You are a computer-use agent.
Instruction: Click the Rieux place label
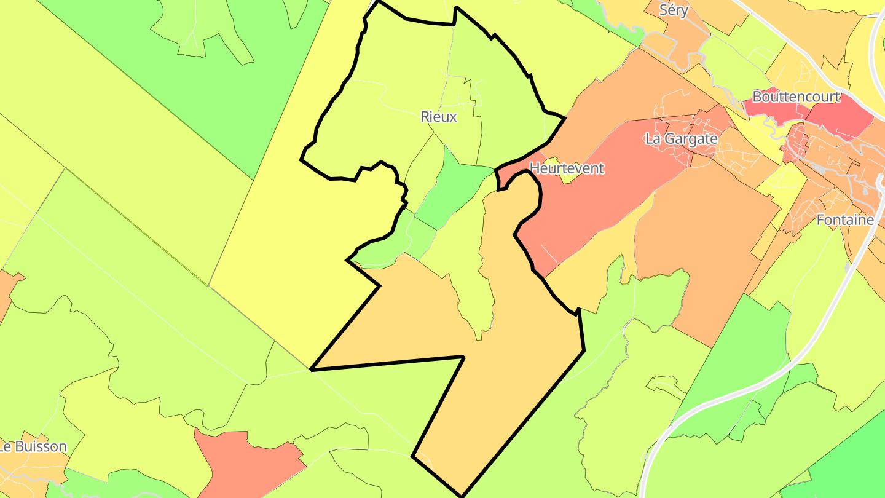pyautogui.click(x=439, y=116)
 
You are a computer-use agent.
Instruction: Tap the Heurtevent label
pyautogui.click(x=567, y=168)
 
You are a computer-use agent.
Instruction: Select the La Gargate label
pyautogui.click(x=681, y=139)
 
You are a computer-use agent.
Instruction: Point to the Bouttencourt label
pyautogui.click(x=796, y=97)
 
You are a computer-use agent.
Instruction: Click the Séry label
pyautogui.click(x=673, y=10)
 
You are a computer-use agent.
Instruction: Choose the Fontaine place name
pyautogui.click(x=845, y=219)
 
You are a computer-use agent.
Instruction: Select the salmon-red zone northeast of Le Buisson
pyautogui.click(x=246, y=461)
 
